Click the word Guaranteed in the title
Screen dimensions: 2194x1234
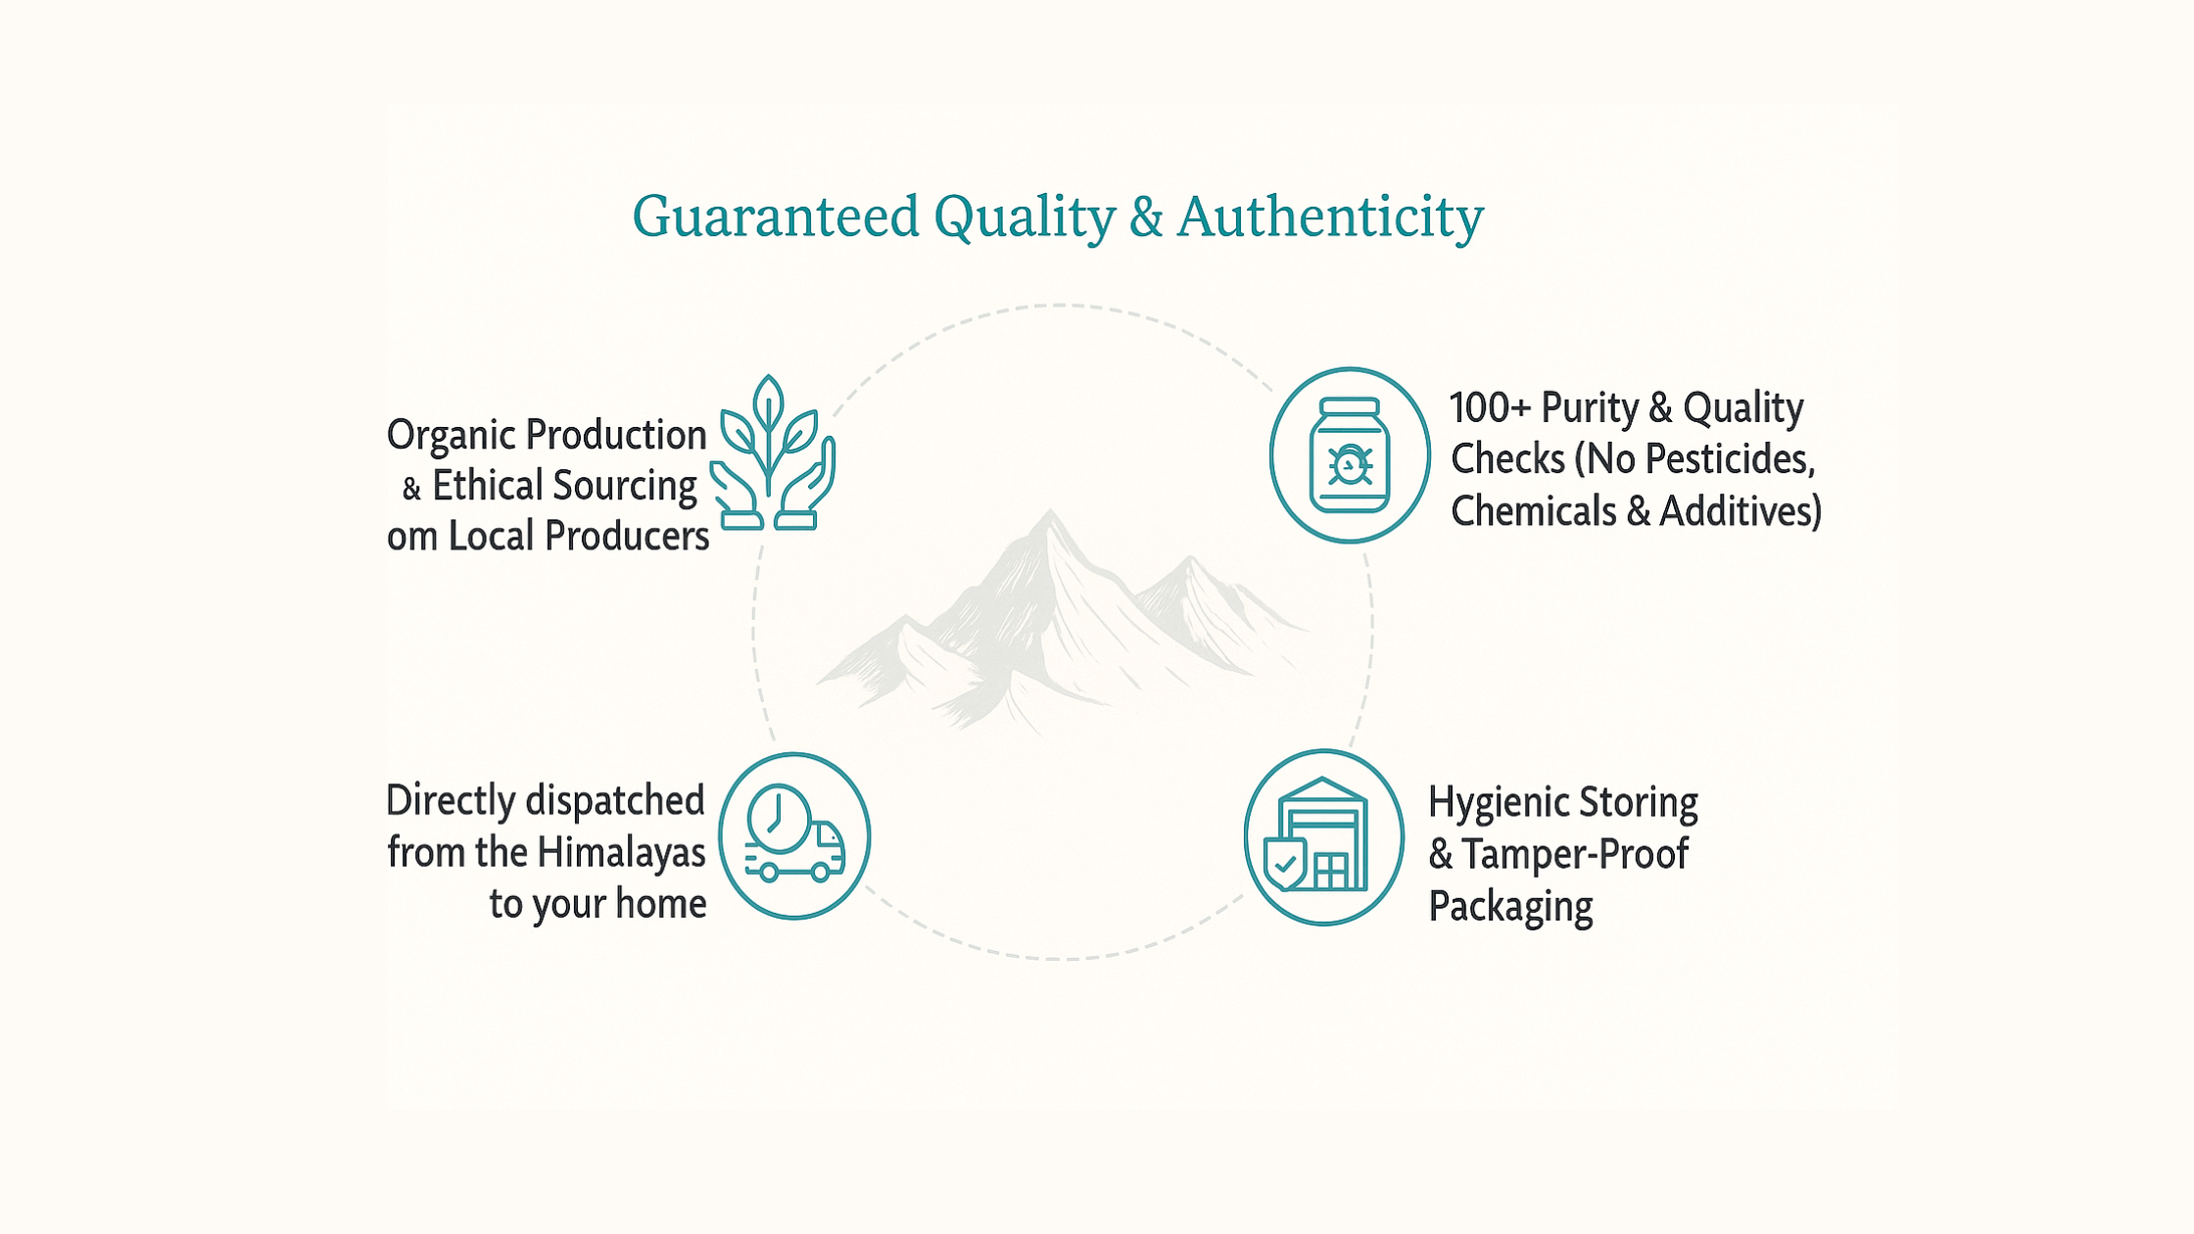click(776, 215)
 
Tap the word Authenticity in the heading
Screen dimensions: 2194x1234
click(1330, 217)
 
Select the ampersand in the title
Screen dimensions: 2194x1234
click(1146, 216)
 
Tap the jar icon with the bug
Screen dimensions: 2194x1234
click(1350, 455)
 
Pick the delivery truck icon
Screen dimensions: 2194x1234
click(794, 835)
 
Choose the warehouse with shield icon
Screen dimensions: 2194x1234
click(1324, 837)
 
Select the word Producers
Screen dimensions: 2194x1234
click(627, 536)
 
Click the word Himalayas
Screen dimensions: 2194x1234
click(621, 852)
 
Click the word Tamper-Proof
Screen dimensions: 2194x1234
click(1575, 854)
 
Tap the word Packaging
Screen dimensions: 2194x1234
click(1510, 906)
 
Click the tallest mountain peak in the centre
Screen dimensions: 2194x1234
click(1050, 511)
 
